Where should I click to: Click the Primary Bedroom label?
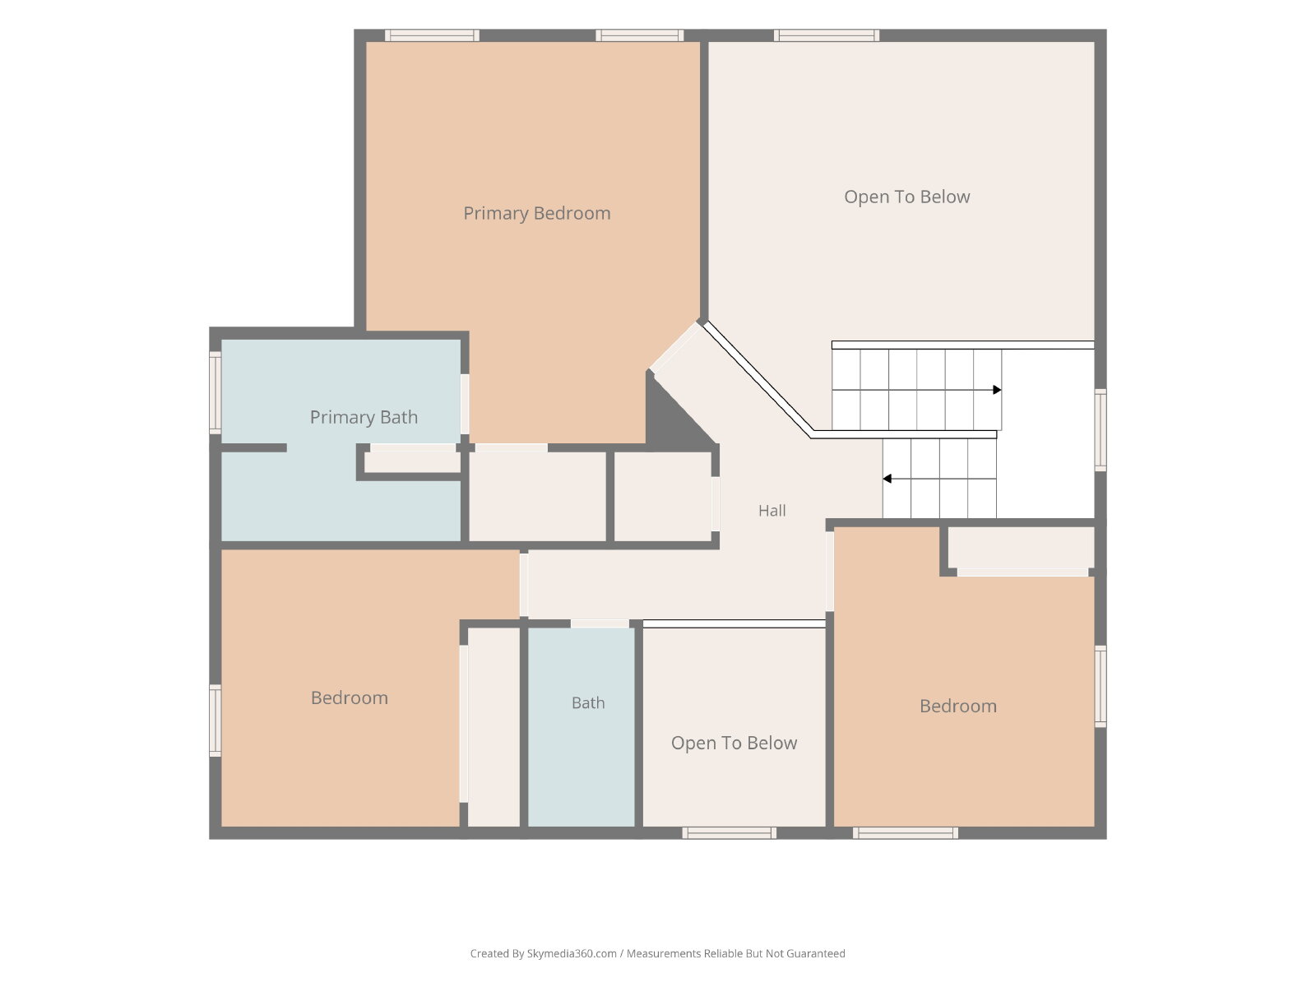(x=536, y=213)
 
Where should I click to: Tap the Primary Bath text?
(x=364, y=417)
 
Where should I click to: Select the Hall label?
(x=772, y=511)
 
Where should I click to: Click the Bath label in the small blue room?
(x=587, y=702)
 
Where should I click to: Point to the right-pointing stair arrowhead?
(x=997, y=390)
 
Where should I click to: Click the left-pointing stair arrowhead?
(x=887, y=478)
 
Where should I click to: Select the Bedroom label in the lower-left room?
(x=349, y=697)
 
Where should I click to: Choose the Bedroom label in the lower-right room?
(x=958, y=706)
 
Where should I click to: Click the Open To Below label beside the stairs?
(x=906, y=197)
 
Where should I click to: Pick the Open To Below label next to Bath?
(x=734, y=743)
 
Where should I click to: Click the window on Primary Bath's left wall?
(x=215, y=392)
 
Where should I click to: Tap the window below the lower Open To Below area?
(x=729, y=833)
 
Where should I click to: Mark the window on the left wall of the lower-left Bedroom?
(x=215, y=721)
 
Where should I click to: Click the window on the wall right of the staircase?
(x=1101, y=429)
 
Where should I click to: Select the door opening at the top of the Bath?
(x=600, y=623)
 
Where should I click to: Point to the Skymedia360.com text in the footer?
(x=572, y=953)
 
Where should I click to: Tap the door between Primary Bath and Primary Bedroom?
(x=465, y=404)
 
